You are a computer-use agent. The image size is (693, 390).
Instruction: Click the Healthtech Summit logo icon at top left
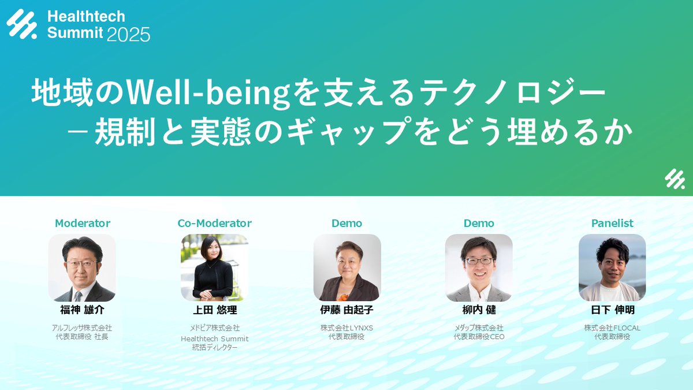click(x=23, y=25)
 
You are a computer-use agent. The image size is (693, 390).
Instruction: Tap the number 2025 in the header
click(x=128, y=34)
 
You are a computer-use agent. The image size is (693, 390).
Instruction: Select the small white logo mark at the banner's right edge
click(x=674, y=180)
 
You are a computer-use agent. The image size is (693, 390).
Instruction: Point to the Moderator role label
click(x=83, y=223)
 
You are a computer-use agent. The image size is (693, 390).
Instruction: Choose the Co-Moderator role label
click(x=215, y=223)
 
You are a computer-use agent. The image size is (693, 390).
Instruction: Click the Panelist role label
click(x=612, y=223)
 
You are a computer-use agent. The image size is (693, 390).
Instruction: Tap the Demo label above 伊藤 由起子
click(x=347, y=223)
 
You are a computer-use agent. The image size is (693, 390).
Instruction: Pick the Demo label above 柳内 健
click(x=479, y=223)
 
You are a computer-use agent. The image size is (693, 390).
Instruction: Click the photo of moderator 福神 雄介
click(x=82, y=268)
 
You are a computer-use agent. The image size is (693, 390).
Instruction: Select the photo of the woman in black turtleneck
click(x=215, y=268)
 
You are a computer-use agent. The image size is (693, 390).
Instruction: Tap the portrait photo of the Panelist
click(x=612, y=268)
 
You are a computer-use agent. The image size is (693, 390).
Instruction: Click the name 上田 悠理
click(x=215, y=310)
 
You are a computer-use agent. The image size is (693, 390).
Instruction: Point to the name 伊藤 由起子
click(x=347, y=310)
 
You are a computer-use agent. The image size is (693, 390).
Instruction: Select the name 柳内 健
click(x=479, y=310)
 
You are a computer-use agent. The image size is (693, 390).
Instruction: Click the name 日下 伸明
click(x=612, y=310)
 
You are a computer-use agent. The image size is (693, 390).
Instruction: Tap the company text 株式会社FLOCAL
click(x=612, y=328)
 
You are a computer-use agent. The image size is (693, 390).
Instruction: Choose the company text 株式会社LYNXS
click(x=347, y=328)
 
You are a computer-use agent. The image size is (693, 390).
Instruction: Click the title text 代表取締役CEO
click(x=479, y=336)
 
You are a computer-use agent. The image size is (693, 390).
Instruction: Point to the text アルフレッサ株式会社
click(x=82, y=328)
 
